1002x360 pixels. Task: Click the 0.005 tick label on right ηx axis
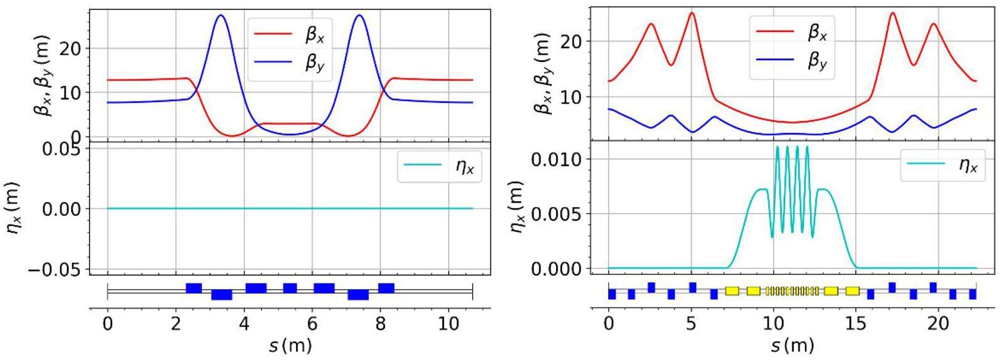click(559, 214)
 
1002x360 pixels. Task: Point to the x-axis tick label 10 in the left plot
click(448, 326)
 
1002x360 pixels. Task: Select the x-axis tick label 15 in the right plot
click(856, 325)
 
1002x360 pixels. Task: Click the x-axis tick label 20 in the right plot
click(938, 325)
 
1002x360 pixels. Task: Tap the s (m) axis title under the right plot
click(792, 345)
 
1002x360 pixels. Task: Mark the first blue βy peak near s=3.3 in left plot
click(221, 16)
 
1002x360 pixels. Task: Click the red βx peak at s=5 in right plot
click(692, 13)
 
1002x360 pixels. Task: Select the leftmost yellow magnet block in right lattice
click(732, 291)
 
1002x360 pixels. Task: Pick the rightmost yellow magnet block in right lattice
click(852, 291)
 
